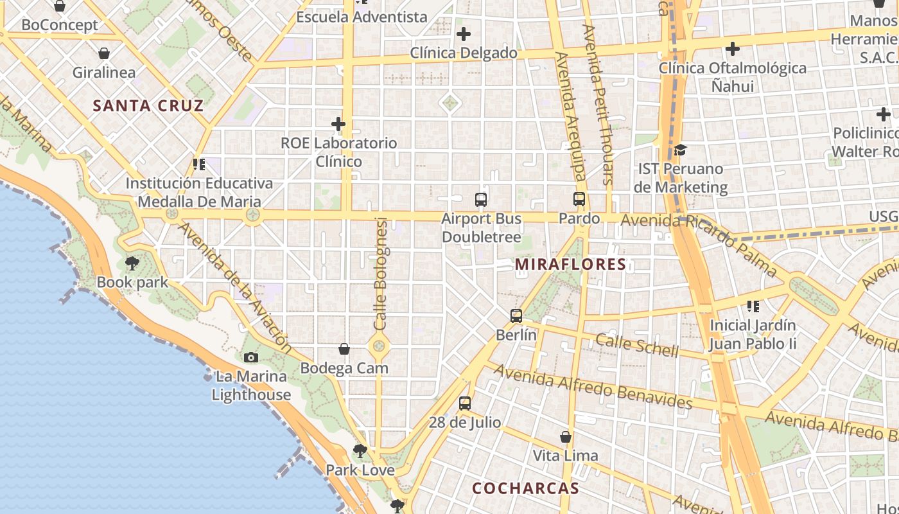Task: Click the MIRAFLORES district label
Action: [570, 264]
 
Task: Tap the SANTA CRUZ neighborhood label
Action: [148, 106]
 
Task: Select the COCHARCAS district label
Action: [525, 488]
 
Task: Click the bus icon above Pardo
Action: [579, 199]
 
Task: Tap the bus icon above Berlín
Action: [516, 316]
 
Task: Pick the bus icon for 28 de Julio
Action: [465, 403]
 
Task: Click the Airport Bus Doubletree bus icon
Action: [481, 199]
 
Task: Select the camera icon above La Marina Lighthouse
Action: [251, 357]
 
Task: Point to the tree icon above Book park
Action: [132, 263]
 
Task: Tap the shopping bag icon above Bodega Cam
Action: [344, 349]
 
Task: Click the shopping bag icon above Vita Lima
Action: [566, 437]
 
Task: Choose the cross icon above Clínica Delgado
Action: [464, 34]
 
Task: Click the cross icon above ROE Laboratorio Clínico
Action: [338, 123]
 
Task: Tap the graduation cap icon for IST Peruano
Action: [680, 150]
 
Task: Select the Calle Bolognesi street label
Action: [381, 274]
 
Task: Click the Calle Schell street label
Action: [636, 345]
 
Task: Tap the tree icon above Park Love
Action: [360, 451]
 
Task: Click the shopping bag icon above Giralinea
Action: [104, 53]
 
